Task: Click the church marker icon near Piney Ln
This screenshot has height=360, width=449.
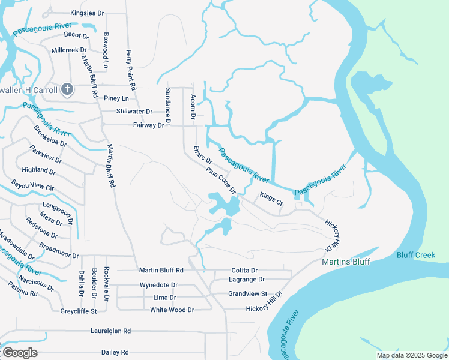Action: (68, 90)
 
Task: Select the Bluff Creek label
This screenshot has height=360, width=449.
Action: (415, 256)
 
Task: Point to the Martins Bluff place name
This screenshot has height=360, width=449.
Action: (346, 262)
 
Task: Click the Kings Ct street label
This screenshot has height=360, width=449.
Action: (271, 199)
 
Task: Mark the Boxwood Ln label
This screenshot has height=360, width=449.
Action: (106, 50)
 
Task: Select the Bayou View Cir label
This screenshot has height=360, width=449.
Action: (33, 187)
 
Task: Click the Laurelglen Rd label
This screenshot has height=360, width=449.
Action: (110, 331)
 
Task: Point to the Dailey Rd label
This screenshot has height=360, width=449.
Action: (115, 352)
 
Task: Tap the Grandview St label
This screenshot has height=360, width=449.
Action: (247, 294)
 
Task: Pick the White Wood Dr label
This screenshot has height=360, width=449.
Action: (172, 310)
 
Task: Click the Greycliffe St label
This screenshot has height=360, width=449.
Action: (79, 311)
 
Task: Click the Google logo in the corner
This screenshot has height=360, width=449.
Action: (20, 352)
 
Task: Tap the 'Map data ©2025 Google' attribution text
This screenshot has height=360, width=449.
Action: (411, 355)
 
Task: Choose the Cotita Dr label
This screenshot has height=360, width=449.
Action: (244, 271)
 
